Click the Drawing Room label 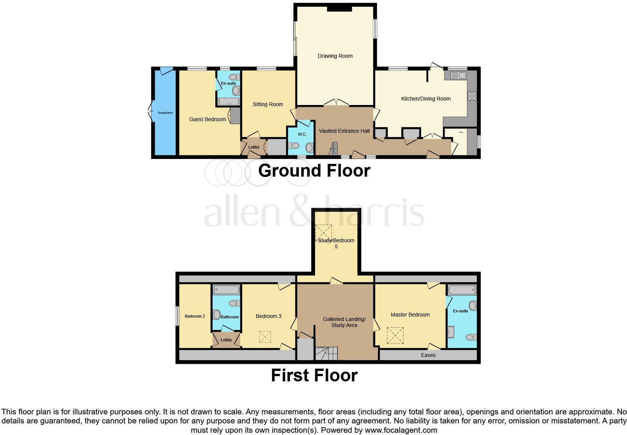(335, 56)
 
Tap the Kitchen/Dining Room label (426, 99)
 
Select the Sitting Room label (268, 104)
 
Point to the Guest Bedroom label (207, 119)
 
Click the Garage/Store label (165, 112)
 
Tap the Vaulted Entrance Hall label (344, 131)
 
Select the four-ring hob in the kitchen (472, 96)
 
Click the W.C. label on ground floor (302, 134)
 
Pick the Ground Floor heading (314, 171)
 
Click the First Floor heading (314, 375)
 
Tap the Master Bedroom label (410, 315)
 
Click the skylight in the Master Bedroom (395, 336)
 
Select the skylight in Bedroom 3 (265, 337)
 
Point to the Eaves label (428, 355)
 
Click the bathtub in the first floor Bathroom (226, 290)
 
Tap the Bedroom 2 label (195, 316)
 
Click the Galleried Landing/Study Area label (344, 322)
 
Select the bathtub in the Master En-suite (462, 290)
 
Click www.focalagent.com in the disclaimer (400, 430)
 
